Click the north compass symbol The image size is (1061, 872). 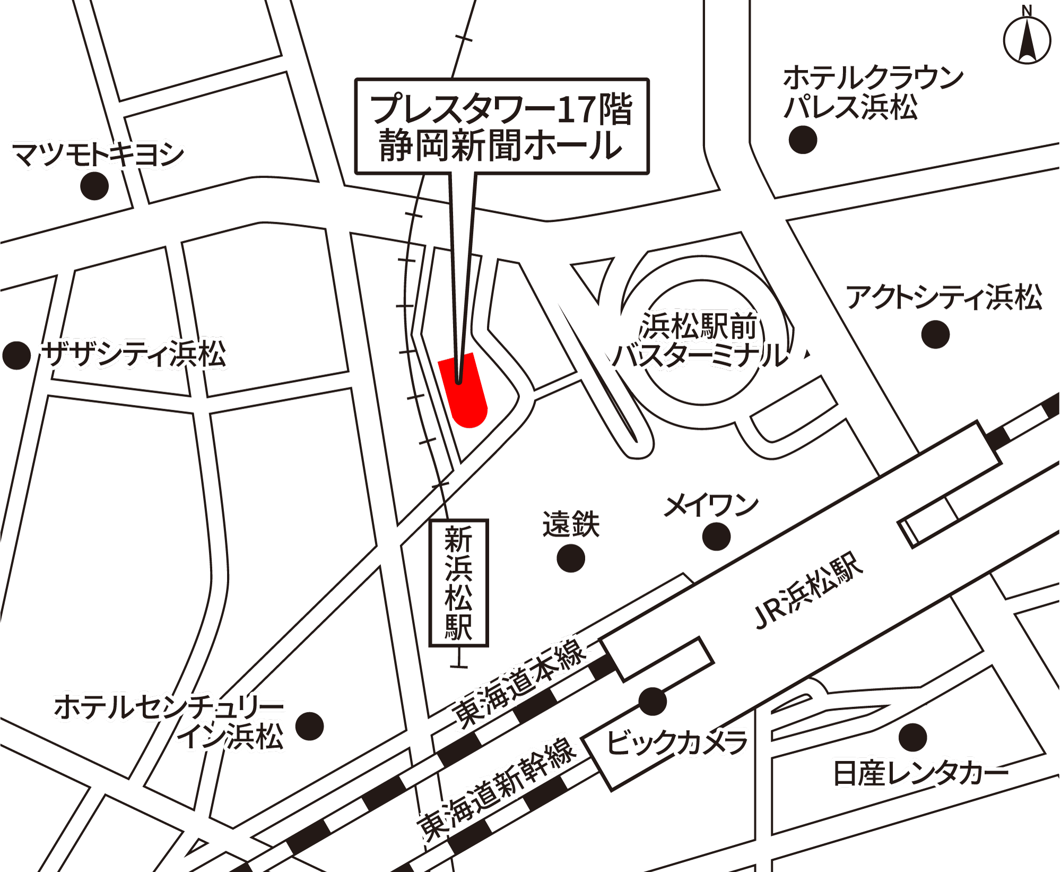point(1027,40)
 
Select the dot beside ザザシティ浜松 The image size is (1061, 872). point(16,355)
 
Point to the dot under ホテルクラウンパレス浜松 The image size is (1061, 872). point(803,140)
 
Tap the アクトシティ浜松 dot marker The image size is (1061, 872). point(935,334)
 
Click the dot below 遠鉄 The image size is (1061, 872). point(571,558)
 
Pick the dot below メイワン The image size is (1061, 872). point(716,537)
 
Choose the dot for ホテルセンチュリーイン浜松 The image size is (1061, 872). point(309,726)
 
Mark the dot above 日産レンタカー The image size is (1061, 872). point(913,738)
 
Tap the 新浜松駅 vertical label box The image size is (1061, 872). point(458,583)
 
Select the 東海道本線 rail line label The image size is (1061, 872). point(520,683)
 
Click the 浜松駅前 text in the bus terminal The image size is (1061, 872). point(699,325)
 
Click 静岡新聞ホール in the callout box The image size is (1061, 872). point(501,145)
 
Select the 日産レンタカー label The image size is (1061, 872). point(920,773)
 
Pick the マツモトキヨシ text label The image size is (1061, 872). point(98,154)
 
